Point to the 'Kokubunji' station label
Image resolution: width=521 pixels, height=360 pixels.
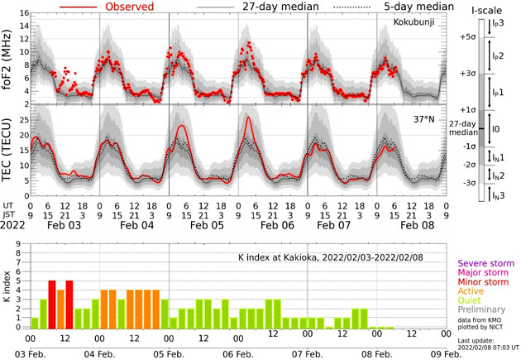[408, 35]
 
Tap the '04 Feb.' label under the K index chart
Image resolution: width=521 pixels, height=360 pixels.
[99, 352]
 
